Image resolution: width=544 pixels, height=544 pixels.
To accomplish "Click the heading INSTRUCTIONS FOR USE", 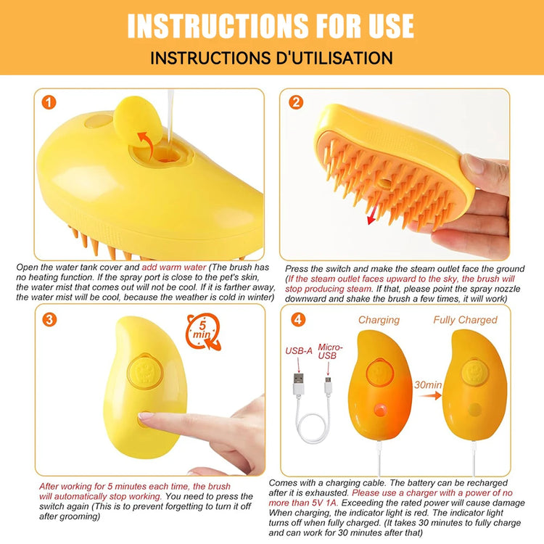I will pyautogui.click(x=271, y=25).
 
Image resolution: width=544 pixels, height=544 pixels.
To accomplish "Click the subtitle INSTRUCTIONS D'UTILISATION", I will pyautogui.click(x=271, y=58).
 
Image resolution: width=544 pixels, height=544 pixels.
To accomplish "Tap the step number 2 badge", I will pyautogui.click(x=295, y=102).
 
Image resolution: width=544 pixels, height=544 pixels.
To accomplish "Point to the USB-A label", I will pyautogui.click(x=297, y=352).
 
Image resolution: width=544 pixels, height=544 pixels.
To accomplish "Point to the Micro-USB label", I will pyautogui.click(x=331, y=352).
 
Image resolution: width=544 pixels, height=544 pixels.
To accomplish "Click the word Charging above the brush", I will pyautogui.click(x=379, y=320).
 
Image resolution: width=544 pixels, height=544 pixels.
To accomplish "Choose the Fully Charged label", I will pyautogui.click(x=465, y=320).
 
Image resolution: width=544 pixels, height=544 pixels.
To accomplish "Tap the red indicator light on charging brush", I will pyautogui.click(x=379, y=410).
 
